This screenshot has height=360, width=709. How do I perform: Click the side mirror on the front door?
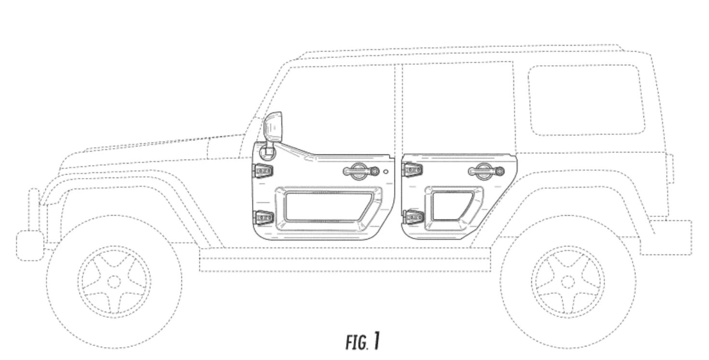coord(273,126)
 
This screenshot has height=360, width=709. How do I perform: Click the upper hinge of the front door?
coord(263,170)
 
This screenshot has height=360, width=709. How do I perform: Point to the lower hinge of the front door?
coord(263,219)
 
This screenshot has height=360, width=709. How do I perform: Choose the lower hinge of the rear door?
coord(413,217)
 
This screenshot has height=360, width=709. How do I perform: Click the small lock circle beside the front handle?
coord(386,171)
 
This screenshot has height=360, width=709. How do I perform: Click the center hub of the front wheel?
coord(114,281)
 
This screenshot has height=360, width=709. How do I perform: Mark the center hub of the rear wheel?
coord(568,281)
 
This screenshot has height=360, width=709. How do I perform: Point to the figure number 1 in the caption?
coord(376,341)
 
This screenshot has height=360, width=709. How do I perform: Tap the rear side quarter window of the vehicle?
coord(586,99)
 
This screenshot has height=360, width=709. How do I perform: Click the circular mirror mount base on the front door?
coord(266,152)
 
